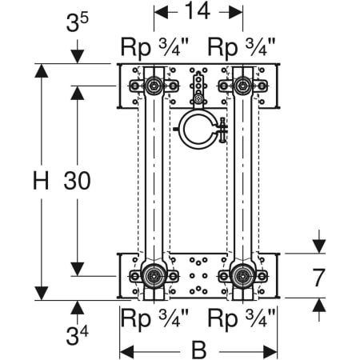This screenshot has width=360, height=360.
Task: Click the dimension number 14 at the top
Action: click(198, 11)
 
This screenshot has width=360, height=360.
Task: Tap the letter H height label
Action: click(41, 181)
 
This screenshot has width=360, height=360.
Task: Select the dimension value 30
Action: click(77, 181)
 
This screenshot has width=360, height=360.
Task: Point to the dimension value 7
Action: click(318, 278)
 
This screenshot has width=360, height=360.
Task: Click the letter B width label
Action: click(199, 350)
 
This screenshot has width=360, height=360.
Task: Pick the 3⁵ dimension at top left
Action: click(77, 22)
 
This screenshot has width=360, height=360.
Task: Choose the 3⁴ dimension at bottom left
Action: click(77, 335)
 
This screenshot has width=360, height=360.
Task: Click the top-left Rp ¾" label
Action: click(154, 47)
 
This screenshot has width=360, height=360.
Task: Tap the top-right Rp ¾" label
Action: click(242, 47)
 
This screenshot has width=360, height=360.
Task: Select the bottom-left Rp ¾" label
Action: click(154, 318)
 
